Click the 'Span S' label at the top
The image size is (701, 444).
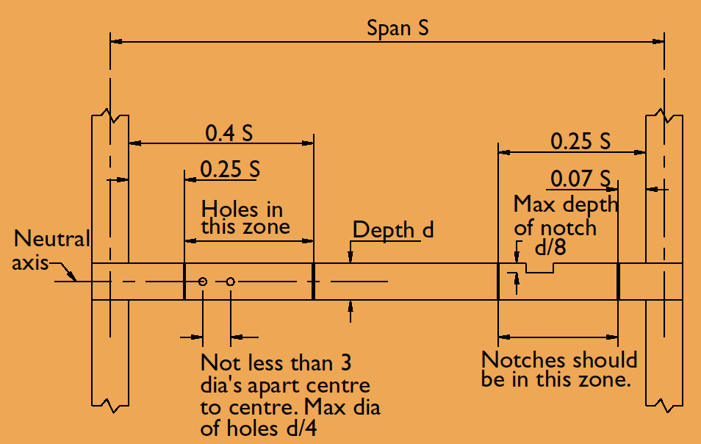[398, 28]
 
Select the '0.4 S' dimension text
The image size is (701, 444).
[229, 133]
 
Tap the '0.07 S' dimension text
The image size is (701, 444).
[580, 179]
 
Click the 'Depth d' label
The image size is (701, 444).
[393, 230]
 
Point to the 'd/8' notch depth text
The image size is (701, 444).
[550, 247]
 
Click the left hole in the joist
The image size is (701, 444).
[203, 282]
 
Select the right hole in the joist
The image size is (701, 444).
[230, 282]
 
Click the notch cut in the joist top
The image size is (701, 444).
[539, 268]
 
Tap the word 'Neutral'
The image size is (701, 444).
[52, 239]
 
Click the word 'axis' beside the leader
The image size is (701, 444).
[30, 262]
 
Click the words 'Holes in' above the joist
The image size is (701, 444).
[242, 210]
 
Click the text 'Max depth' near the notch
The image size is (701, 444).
[566, 205]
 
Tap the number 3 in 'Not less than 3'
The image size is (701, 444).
[346, 362]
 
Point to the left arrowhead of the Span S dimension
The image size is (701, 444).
[116, 42]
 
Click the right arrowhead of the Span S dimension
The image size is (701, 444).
[658, 42]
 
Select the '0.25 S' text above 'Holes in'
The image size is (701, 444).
[230, 169]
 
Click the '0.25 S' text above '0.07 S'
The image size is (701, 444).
[580, 141]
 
